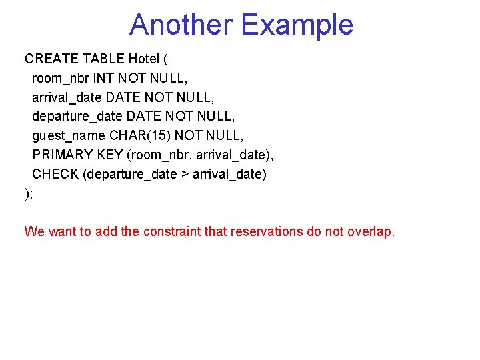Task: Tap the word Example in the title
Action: click(x=297, y=25)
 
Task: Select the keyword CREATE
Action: click(x=51, y=58)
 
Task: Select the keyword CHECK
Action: click(x=55, y=174)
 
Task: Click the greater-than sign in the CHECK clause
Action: click(x=185, y=174)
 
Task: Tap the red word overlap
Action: click(x=371, y=232)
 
